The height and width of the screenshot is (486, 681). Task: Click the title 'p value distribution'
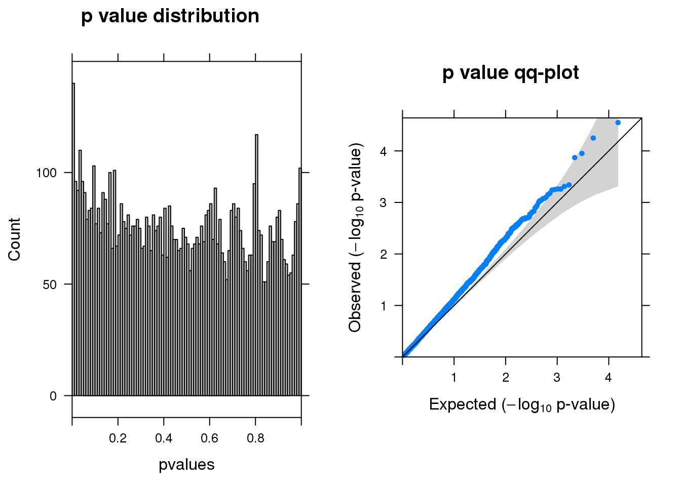[x=170, y=16]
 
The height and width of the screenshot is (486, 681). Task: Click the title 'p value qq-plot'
[x=510, y=73]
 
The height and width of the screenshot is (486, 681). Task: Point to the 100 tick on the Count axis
[x=46, y=173]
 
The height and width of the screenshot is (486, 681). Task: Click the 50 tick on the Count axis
[x=50, y=285]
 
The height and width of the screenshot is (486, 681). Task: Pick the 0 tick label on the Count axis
[x=53, y=396]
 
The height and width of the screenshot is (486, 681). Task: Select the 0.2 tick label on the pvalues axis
[x=118, y=438]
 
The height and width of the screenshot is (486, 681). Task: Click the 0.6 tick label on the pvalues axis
[x=210, y=438]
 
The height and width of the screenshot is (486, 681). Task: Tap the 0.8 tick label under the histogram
[x=255, y=438]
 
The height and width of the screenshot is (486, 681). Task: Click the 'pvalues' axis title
[x=186, y=465]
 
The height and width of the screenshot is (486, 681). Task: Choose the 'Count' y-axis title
[x=14, y=239]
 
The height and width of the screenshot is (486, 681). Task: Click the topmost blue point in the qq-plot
[x=618, y=123]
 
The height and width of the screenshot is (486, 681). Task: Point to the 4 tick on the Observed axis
[x=384, y=151]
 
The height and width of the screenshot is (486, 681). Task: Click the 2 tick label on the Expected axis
[x=506, y=378]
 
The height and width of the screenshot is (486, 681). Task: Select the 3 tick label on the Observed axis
[x=384, y=202]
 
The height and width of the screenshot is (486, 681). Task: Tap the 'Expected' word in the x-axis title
[x=463, y=404]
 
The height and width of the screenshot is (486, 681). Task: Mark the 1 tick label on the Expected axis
[x=454, y=378]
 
